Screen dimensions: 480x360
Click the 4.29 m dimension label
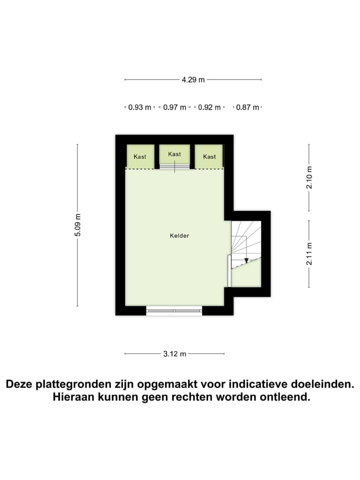193,79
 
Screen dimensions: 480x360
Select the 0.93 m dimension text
139,107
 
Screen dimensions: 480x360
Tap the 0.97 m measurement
174,107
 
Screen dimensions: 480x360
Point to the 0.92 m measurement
209,107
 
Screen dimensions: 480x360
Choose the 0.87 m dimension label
247,107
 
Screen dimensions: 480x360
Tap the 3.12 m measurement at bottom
174,354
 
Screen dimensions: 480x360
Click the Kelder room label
179,235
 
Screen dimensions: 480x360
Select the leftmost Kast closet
140,156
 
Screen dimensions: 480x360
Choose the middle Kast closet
174,154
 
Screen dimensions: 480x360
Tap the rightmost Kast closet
209,156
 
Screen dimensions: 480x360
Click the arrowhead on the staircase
246,260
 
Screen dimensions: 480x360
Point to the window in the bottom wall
174,311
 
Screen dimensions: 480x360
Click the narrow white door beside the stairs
229,271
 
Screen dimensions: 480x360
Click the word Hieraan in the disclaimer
73,398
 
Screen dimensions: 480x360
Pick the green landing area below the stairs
247,276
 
